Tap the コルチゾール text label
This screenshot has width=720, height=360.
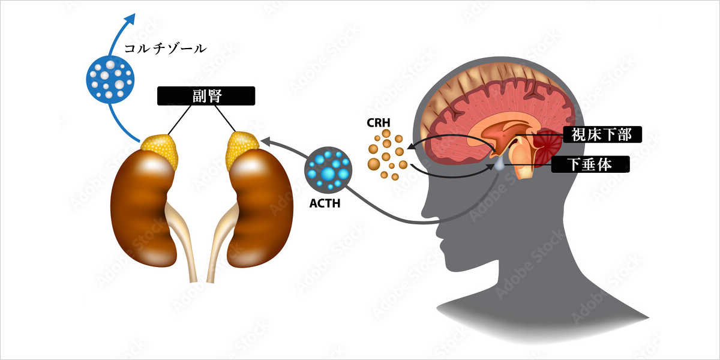165,48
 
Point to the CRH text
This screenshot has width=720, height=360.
379,123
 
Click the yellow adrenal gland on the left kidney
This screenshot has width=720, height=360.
161,149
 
